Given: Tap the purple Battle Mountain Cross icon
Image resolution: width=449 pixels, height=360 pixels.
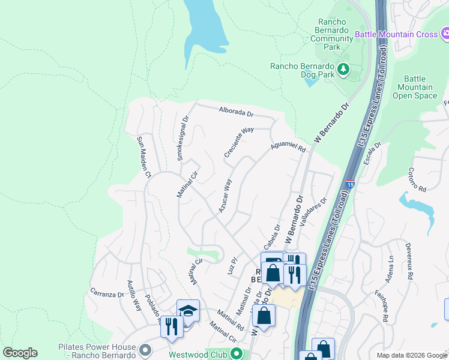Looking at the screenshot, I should pos(445,34).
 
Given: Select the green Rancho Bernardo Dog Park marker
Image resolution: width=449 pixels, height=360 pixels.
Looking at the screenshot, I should pos(343,69).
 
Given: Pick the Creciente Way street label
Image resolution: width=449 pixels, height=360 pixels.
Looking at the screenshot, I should pos(239,142).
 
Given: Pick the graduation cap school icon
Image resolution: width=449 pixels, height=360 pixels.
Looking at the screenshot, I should pos(188,311).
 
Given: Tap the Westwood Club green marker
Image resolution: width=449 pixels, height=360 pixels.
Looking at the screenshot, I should pos(237,354).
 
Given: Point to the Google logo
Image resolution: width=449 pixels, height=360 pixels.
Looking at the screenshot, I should pos(20,353).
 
